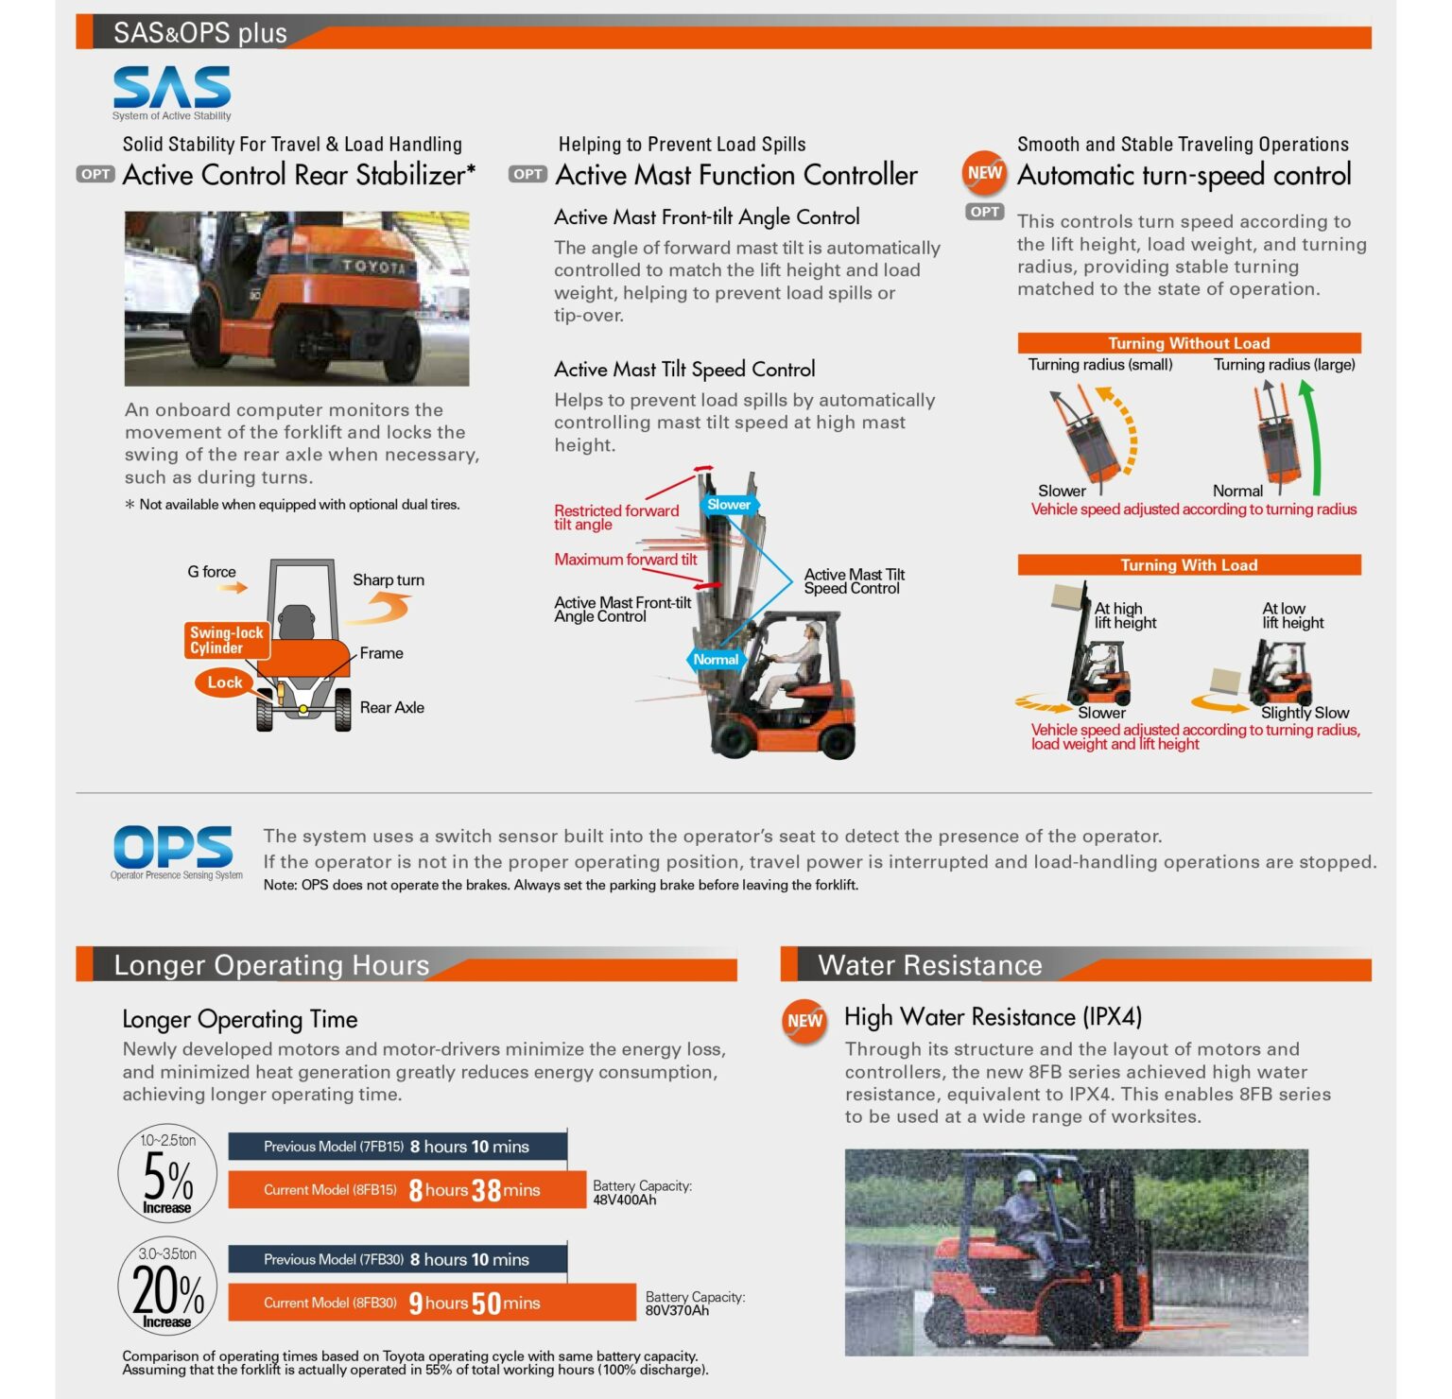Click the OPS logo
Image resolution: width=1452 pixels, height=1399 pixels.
[173, 848]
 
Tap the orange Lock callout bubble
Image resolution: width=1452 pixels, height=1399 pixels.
[224, 682]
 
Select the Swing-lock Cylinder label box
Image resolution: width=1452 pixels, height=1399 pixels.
[226, 640]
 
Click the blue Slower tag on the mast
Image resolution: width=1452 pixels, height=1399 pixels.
[729, 505]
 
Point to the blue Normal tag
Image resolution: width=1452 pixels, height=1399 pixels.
[716, 660]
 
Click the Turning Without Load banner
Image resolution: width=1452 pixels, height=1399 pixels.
[1188, 343]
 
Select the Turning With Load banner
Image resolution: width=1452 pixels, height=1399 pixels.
[1188, 565]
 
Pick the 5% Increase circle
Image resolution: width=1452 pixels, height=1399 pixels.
[167, 1173]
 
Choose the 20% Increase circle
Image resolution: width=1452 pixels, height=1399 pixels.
[167, 1287]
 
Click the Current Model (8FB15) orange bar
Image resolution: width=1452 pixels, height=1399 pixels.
[406, 1190]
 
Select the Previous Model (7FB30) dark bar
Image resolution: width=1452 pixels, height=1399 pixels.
[397, 1259]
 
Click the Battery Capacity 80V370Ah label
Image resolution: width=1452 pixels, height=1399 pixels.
[695, 1304]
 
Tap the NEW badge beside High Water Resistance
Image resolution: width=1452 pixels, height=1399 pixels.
[804, 1021]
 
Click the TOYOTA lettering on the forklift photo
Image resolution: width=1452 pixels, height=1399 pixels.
[373, 267]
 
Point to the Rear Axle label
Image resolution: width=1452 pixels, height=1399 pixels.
[391, 707]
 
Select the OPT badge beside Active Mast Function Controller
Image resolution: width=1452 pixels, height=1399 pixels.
[527, 174]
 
